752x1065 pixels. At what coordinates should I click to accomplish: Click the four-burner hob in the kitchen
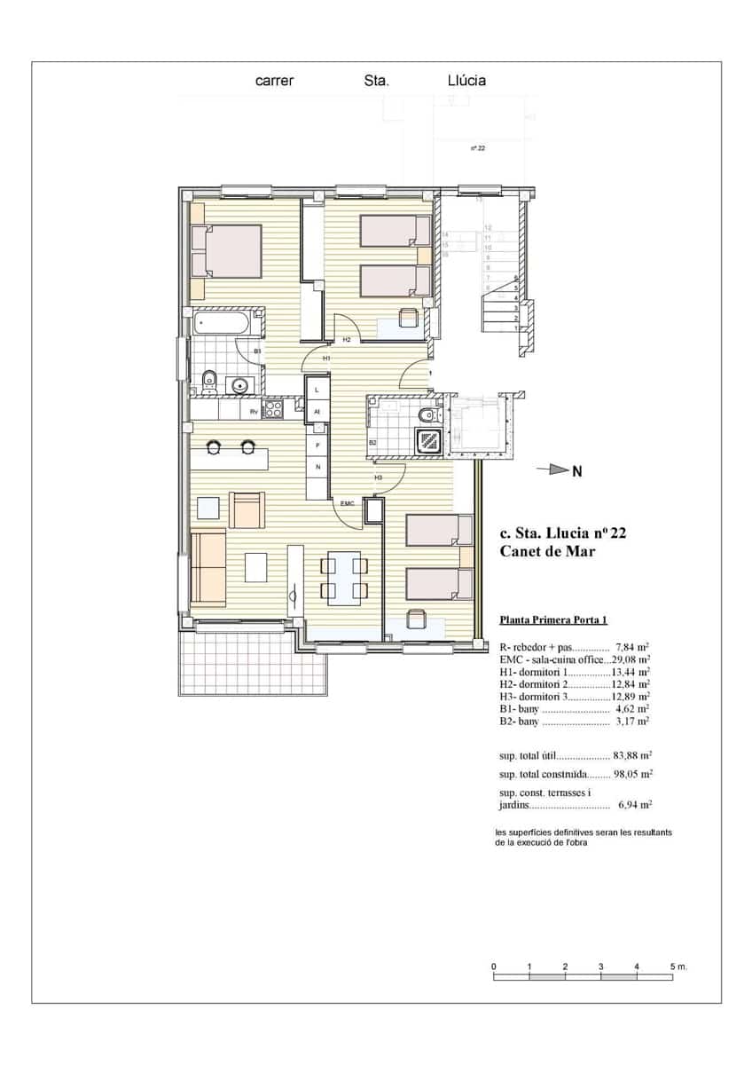tap(273, 409)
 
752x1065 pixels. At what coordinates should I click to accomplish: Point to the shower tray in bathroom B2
tap(430, 438)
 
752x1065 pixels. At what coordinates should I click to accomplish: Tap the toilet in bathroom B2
tap(427, 414)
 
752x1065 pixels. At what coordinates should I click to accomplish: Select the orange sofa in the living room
tap(208, 565)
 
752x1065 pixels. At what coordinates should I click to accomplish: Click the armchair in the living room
tap(247, 509)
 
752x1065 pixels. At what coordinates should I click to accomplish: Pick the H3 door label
tap(378, 477)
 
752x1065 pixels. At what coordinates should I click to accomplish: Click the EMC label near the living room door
tap(347, 503)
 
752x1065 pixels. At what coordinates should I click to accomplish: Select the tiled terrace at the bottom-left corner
tap(213, 662)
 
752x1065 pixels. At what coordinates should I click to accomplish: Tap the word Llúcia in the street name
tap(466, 81)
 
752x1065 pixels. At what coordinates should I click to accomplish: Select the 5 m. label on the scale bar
tap(678, 965)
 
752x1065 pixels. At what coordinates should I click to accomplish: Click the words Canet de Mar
tap(547, 551)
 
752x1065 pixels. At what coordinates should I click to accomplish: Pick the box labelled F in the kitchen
tap(317, 444)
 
